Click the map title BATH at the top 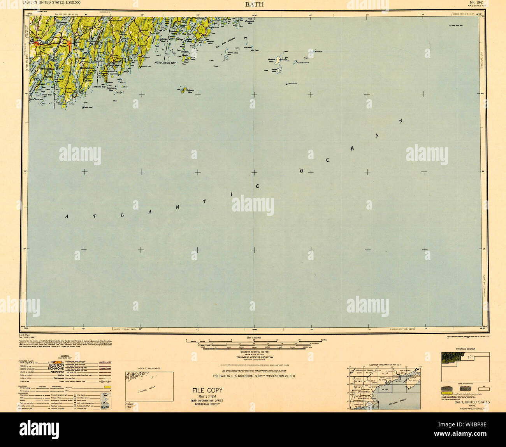(x=254, y=4)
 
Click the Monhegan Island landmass (x=183, y=90)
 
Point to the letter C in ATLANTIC (x=257, y=186)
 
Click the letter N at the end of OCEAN (x=401, y=121)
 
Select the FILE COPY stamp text (x=207, y=390)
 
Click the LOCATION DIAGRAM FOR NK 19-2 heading (x=385, y=365)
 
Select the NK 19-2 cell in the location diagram (x=385, y=389)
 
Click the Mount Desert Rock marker (x=450, y=26)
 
